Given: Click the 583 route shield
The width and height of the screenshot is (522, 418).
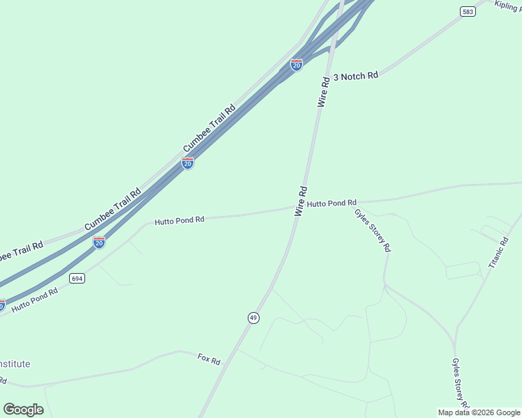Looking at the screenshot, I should coord(467,11).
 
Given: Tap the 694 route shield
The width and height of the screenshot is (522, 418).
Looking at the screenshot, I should coord(77,278).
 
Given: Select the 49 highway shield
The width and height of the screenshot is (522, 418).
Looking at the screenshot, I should coord(253,318).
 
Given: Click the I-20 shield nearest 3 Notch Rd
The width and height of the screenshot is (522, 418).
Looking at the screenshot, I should coord(297,65).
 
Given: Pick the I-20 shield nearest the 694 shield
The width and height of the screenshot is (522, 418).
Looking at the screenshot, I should coord(99,242).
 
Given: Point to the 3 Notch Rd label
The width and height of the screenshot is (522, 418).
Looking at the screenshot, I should coord(356,75).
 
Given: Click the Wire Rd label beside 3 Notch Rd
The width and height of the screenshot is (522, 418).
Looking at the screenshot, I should coord(324,91).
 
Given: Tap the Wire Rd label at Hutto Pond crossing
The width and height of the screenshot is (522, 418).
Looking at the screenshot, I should coord(301,201).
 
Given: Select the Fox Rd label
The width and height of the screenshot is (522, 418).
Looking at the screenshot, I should coord(209,360).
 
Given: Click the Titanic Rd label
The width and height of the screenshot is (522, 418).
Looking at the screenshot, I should coord(499,252).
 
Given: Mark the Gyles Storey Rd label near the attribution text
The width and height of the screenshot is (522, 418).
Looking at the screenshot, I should coord(460,384).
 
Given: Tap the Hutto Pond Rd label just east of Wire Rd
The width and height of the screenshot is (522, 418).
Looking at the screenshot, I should coord(332,203).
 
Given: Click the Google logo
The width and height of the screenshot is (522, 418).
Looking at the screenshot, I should coord(23,409).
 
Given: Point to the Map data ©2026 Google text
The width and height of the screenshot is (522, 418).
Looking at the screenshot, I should coord(479,412).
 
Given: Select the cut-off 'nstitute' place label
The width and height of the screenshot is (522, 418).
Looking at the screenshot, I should coord(15,364).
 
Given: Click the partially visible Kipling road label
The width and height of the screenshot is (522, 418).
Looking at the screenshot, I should coord(508,6).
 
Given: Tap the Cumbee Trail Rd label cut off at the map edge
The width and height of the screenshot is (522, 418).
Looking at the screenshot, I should coord(21,251).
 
